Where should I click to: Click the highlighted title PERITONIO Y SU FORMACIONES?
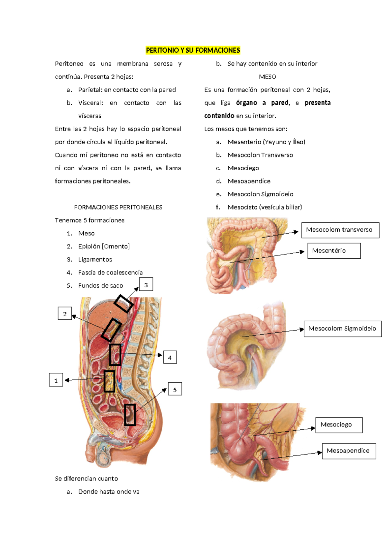click(193, 50)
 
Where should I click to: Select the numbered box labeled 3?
click(146, 284)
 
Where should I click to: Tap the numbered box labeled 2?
click(65, 313)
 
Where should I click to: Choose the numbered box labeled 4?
click(170, 357)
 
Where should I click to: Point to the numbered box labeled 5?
click(175, 389)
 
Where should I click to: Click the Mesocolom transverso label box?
click(340, 230)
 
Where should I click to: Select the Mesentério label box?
click(334, 251)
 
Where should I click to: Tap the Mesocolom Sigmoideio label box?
click(343, 329)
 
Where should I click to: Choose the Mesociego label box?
click(339, 425)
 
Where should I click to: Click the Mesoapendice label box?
click(349, 451)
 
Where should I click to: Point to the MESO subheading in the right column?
click(267, 77)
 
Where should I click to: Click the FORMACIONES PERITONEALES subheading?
click(118, 207)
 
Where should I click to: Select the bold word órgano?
click(246, 103)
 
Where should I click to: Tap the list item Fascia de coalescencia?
click(110, 272)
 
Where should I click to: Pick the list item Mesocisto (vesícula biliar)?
click(265, 207)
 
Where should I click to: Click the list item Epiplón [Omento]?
click(104, 246)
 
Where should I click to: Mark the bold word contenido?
click(219, 116)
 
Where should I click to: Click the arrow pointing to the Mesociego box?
click(284, 432)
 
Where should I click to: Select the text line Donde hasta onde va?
click(109, 492)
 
